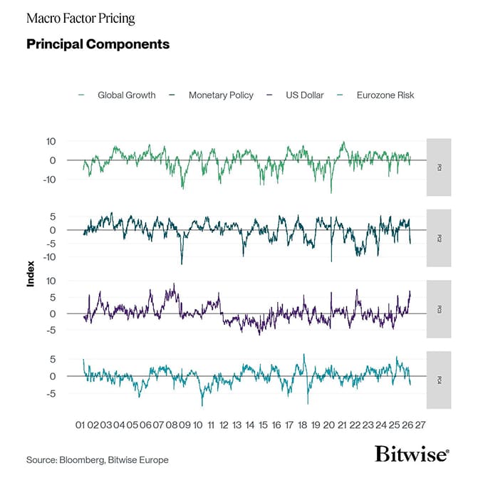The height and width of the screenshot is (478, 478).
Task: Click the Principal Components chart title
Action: (98, 44)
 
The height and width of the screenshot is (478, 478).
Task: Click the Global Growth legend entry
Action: (126, 95)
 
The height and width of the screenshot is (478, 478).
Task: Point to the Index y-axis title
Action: (31, 276)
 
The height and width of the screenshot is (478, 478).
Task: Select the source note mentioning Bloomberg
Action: (98, 459)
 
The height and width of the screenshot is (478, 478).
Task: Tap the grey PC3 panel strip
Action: (438, 309)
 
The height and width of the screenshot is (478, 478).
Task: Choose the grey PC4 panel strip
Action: (438, 380)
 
